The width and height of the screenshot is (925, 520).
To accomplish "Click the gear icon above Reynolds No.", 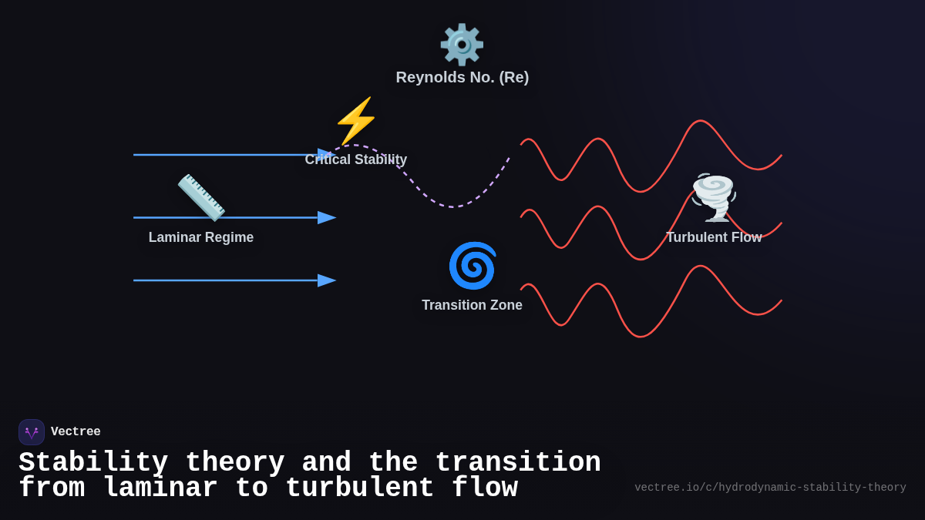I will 462,44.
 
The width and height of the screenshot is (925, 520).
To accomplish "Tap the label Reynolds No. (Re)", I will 462,77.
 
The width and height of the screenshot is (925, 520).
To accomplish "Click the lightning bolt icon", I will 355,120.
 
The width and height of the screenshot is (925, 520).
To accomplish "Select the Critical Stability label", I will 355,159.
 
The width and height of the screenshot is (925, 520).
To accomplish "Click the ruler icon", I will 201,197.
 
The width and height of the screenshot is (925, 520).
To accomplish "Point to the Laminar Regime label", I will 200,237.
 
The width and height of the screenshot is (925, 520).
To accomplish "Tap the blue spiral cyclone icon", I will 472,266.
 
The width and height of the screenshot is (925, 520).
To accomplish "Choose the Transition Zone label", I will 472,305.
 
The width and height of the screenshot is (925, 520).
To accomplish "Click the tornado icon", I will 713,197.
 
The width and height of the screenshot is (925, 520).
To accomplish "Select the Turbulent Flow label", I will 713,237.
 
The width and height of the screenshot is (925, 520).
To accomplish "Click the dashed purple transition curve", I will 451,206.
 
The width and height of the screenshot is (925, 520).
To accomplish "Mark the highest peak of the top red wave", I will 700,121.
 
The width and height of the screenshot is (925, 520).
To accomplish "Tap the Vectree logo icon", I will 32,432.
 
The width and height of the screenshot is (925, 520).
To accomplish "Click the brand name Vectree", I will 76,432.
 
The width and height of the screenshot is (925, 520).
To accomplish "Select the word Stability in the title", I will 93,463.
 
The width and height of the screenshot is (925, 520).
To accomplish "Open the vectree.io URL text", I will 770,488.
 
